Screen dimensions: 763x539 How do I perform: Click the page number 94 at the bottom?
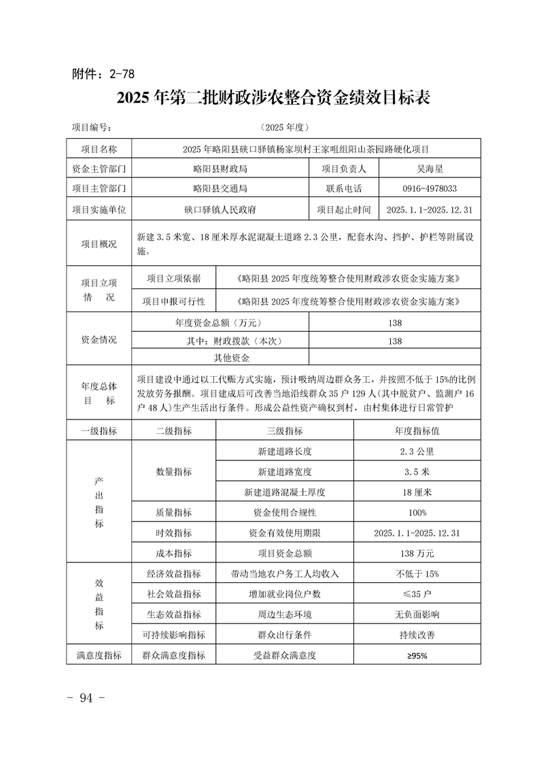(x=85, y=698)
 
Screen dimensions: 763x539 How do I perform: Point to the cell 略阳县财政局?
(x=220, y=169)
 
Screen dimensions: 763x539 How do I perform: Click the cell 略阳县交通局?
(x=220, y=189)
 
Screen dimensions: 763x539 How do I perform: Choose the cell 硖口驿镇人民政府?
(x=220, y=210)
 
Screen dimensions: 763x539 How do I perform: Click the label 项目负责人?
(x=343, y=169)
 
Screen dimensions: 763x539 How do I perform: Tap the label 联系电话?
(x=343, y=189)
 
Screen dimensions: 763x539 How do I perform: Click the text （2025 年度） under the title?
(x=285, y=127)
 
